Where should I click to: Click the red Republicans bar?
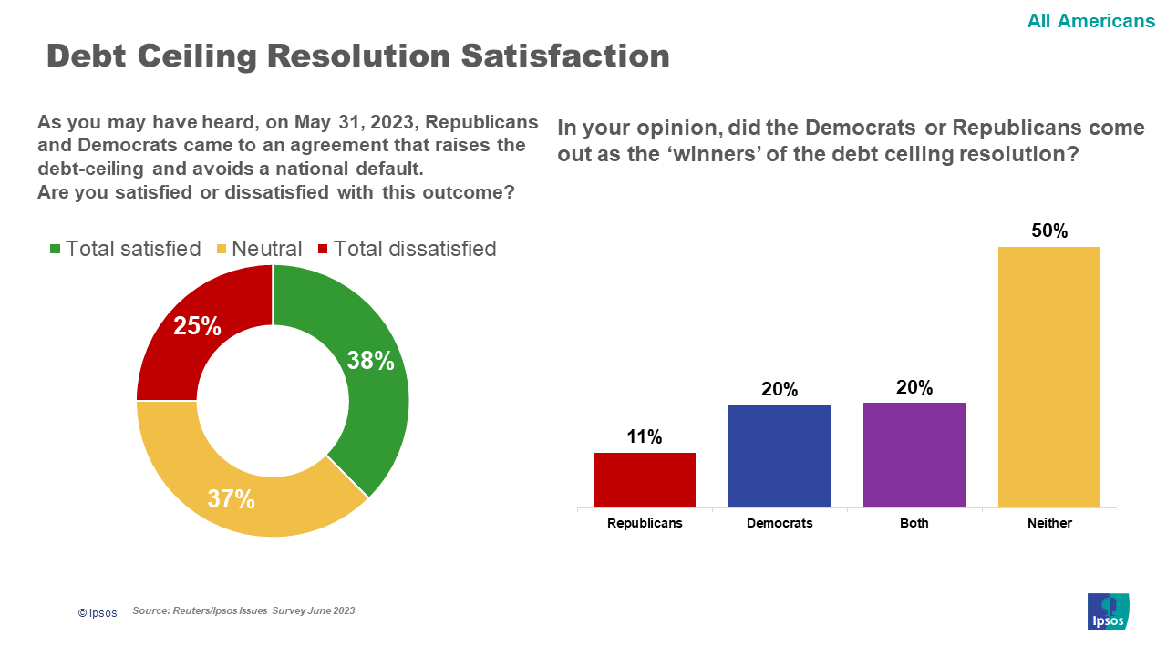point(645,480)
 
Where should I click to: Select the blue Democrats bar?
point(780,456)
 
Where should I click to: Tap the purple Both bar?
point(914,455)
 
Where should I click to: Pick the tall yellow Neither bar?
point(1049,377)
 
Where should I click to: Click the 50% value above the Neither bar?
point(1049,231)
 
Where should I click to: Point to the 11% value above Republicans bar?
point(645,437)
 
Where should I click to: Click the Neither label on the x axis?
point(1049,524)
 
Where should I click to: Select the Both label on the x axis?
point(914,524)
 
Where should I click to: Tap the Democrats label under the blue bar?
point(780,524)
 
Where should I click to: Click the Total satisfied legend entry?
point(125,249)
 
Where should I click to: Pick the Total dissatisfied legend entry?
point(407,249)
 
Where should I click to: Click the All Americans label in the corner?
point(1091,20)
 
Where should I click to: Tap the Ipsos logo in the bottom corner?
point(1109,611)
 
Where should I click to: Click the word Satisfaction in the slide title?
point(565,56)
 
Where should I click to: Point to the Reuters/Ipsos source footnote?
point(243,610)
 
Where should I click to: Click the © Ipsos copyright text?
point(98,613)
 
